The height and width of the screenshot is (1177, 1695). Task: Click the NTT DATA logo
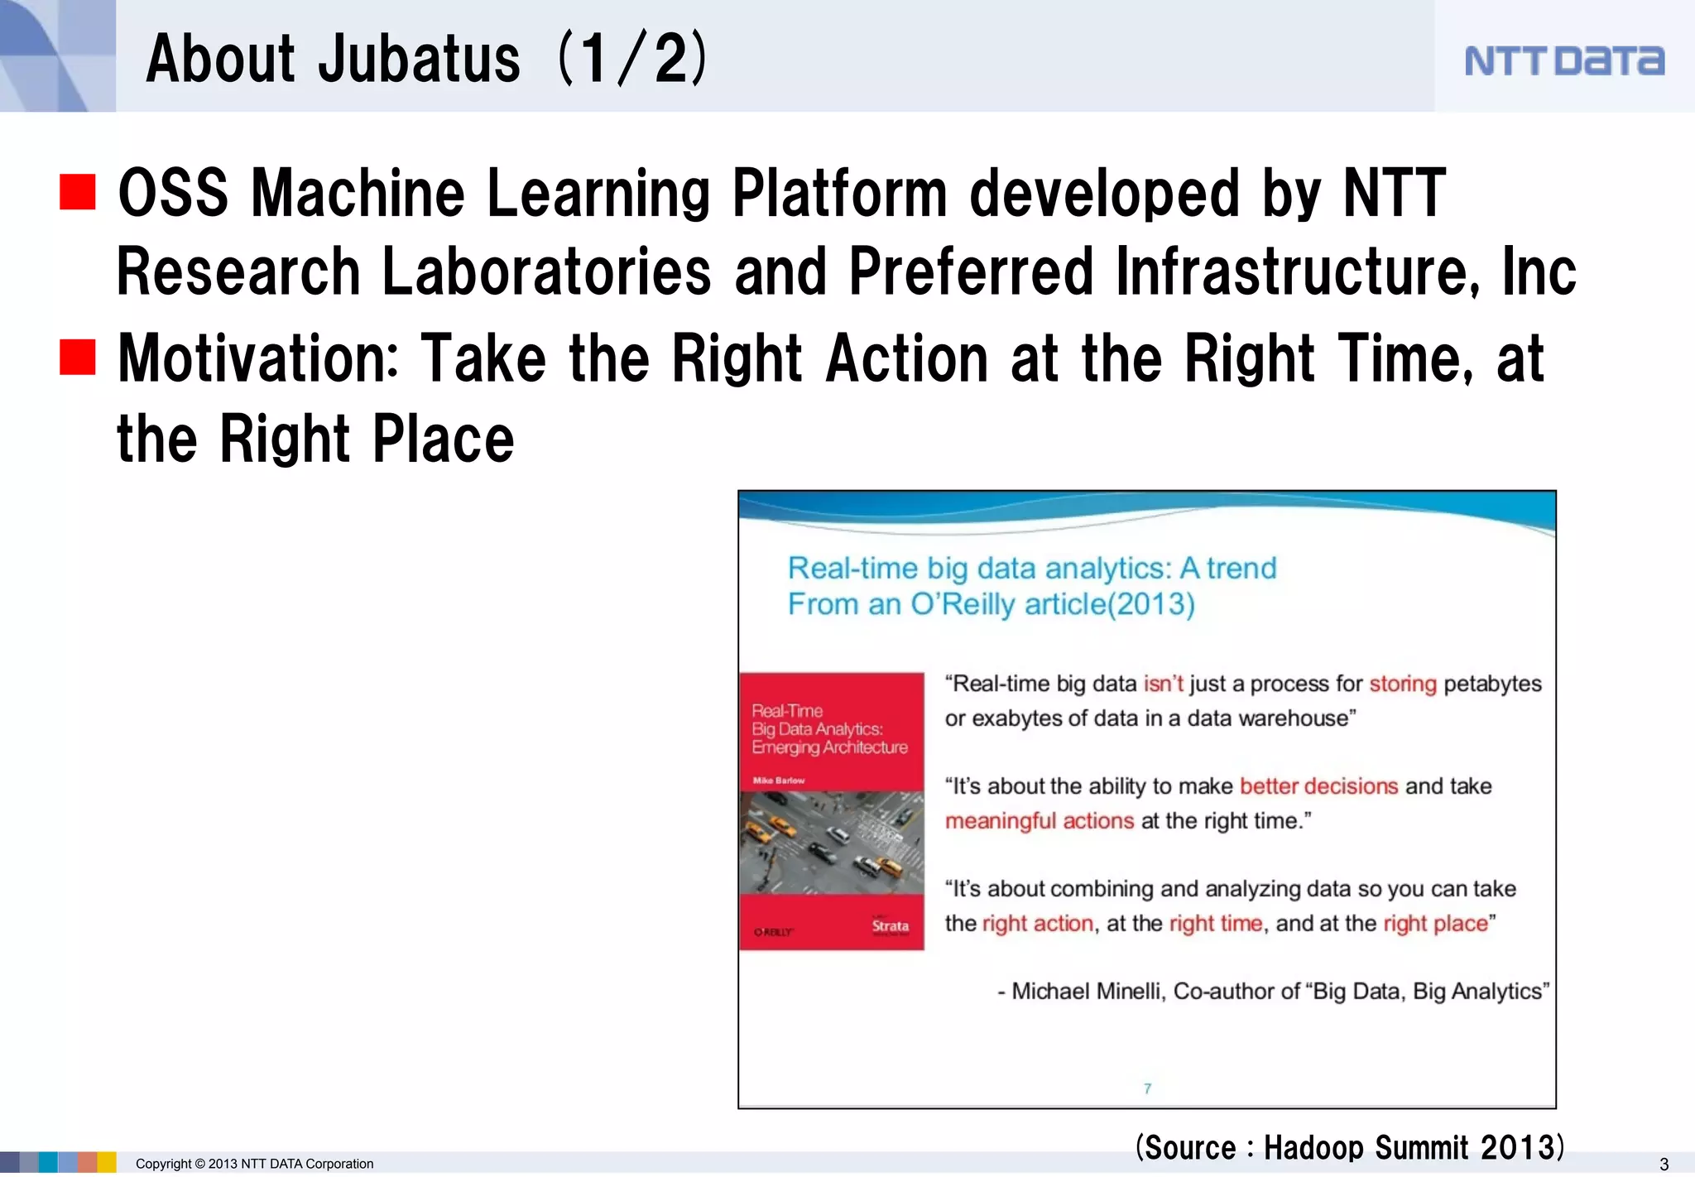point(1563,60)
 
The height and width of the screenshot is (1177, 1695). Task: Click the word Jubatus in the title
point(419,59)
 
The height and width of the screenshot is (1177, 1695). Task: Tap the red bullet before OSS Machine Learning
point(78,192)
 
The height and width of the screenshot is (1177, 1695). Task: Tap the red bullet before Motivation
point(78,358)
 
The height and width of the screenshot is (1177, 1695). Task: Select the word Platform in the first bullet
point(839,193)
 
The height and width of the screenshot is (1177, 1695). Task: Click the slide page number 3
point(1664,1164)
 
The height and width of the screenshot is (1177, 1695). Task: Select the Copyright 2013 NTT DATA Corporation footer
point(254,1164)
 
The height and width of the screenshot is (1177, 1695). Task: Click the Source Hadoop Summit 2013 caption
point(1349,1147)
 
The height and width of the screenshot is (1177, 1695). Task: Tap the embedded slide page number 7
point(1147,1088)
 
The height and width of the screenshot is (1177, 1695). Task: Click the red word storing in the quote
point(1403,684)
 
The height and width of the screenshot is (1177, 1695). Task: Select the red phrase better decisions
point(1318,786)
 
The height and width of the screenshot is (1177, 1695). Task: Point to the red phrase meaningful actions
point(1039,821)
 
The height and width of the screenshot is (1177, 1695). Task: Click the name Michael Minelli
point(1088,992)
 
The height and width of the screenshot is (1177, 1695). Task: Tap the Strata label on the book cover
point(890,926)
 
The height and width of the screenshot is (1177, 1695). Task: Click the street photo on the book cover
point(831,842)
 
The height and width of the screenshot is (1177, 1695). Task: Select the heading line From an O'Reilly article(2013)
point(991,604)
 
